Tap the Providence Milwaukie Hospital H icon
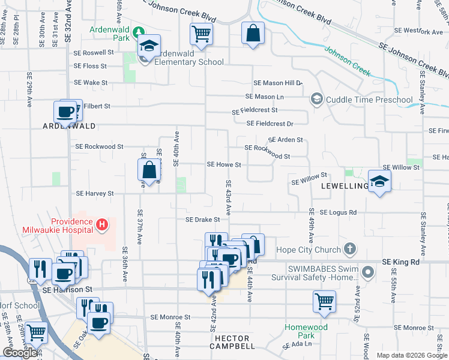(x=102, y=225)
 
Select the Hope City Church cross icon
(x=350, y=249)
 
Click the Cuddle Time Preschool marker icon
(x=316, y=99)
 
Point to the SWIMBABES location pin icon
(x=369, y=274)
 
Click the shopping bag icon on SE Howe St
(x=149, y=171)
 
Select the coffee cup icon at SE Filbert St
(x=65, y=111)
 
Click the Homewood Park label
(x=306, y=331)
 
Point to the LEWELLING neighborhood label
(x=344, y=186)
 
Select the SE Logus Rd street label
(x=338, y=212)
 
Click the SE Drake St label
(x=202, y=220)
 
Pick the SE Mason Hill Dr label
(x=277, y=83)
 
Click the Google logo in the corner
(x=20, y=353)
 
